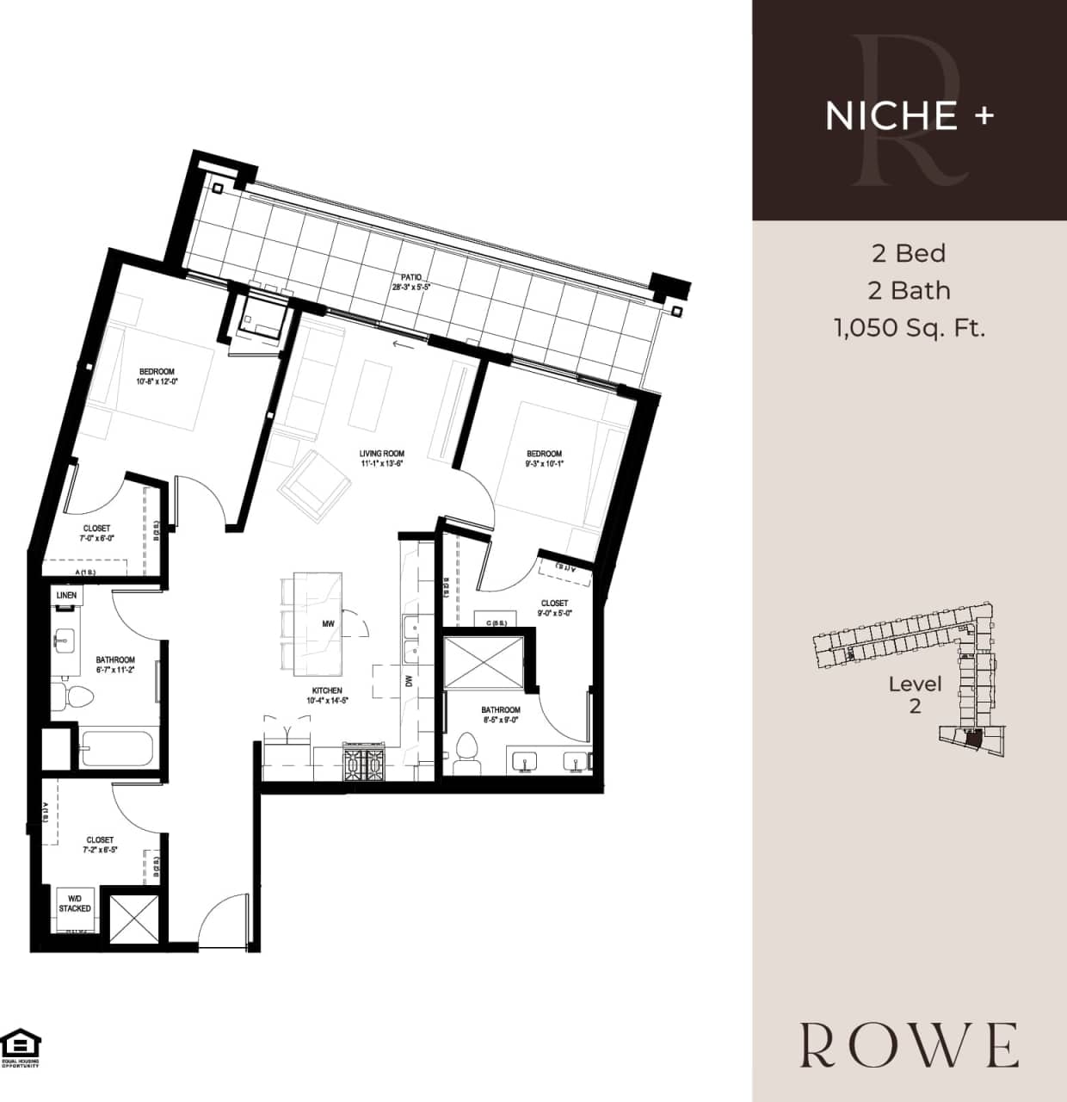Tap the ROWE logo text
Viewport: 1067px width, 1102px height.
click(x=909, y=1045)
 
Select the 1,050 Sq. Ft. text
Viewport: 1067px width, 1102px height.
click(x=909, y=328)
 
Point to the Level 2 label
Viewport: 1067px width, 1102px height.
click(x=915, y=695)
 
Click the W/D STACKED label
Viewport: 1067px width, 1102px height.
click(x=75, y=903)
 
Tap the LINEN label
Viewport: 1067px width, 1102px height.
click(x=66, y=595)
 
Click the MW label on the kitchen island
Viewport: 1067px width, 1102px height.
click(x=328, y=623)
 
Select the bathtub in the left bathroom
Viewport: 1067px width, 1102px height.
click(x=117, y=748)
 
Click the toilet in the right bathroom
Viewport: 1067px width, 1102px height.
click(x=466, y=748)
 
